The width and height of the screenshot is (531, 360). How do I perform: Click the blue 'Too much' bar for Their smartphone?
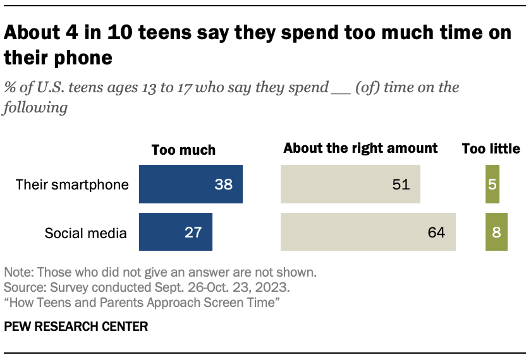[190, 184]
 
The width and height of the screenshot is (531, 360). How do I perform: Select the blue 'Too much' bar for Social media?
[175, 232]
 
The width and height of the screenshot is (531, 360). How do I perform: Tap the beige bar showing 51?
[350, 184]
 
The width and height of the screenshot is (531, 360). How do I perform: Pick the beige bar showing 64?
[368, 232]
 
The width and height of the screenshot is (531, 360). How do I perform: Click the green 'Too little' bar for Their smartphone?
[492, 184]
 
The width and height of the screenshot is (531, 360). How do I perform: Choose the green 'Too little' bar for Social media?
[496, 232]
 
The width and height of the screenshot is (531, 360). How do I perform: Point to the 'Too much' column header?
[183, 150]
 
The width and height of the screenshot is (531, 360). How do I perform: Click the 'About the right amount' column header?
[360, 148]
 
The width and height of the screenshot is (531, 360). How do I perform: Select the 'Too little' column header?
[491, 149]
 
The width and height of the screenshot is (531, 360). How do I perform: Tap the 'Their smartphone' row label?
[72, 185]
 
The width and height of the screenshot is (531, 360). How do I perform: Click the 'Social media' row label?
[85, 233]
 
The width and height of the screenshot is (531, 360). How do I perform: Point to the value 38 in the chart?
[224, 184]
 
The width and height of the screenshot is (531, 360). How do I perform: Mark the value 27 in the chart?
[193, 232]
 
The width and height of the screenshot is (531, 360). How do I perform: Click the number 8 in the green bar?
[496, 232]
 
